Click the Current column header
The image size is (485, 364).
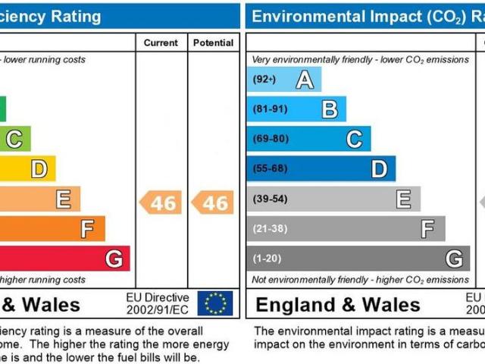click(161, 43)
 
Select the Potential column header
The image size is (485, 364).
click(213, 43)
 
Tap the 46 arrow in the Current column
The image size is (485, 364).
click(160, 202)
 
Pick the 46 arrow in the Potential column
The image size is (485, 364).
click(212, 202)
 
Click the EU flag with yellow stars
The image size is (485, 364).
click(215, 303)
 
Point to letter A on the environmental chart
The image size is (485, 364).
click(305, 80)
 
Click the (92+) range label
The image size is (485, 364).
click(264, 80)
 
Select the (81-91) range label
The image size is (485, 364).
click(270, 109)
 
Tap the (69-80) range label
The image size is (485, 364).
click(270, 139)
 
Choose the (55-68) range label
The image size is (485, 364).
click(270, 168)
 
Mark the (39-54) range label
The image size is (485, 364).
click(270, 199)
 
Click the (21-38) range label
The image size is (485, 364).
click(270, 228)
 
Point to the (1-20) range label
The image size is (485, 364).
click(267, 259)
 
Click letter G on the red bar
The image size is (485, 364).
click(114, 259)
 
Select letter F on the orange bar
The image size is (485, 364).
click(88, 228)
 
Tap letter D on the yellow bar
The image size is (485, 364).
click(39, 168)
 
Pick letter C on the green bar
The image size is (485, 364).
click(14, 139)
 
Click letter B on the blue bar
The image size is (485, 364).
click(330, 109)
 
